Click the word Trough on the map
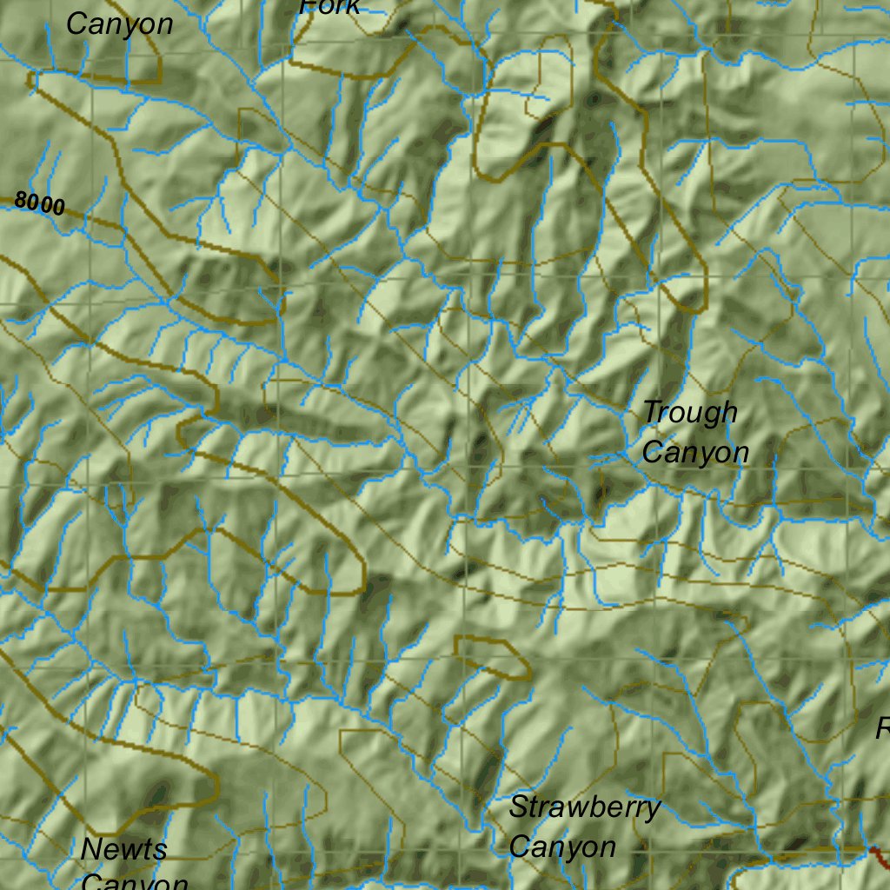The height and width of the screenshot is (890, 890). coord(690,414)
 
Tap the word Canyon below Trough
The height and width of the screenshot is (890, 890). coord(695,452)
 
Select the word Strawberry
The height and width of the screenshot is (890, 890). coord(584,808)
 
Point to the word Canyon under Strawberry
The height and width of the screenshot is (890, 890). coord(562,847)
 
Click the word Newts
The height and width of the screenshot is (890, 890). coord(123,849)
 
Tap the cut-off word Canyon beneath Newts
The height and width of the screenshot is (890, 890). coord(135,881)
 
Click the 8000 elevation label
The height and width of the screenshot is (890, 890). coord(40,204)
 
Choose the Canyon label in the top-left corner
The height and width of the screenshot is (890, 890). coord(119,24)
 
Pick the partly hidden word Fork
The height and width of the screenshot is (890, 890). coord(329,7)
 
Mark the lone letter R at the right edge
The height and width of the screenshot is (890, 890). coord(883,728)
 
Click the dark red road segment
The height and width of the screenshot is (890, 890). coord(879,855)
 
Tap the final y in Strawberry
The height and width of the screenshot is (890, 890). coord(653,811)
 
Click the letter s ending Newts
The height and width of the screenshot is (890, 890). coord(160,851)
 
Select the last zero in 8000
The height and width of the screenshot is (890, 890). coord(58,208)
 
